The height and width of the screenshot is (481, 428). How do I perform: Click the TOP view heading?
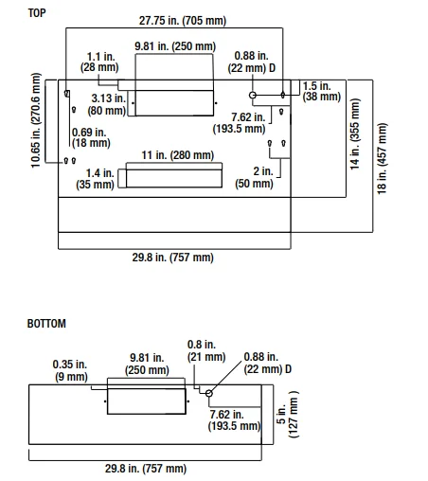point(38,13)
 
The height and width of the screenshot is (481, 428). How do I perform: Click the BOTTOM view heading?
point(47,324)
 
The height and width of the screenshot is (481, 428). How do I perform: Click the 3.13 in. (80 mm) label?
point(108,103)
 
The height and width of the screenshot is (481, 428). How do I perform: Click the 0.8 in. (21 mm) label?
point(206,351)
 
